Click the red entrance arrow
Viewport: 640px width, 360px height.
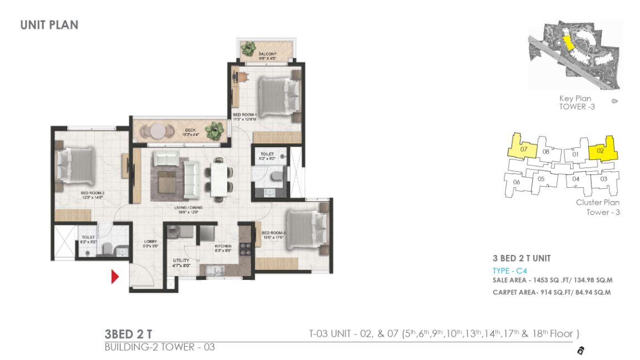[115, 276]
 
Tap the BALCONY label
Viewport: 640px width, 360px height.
[268, 54]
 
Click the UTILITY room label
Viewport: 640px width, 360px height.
[181, 260]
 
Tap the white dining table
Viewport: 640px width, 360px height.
[219, 177]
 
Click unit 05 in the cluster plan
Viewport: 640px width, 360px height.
[541, 179]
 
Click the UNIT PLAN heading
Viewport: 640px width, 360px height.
[49, 24]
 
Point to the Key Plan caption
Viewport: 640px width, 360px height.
[575, 98]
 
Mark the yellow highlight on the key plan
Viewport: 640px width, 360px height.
[567, 43]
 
